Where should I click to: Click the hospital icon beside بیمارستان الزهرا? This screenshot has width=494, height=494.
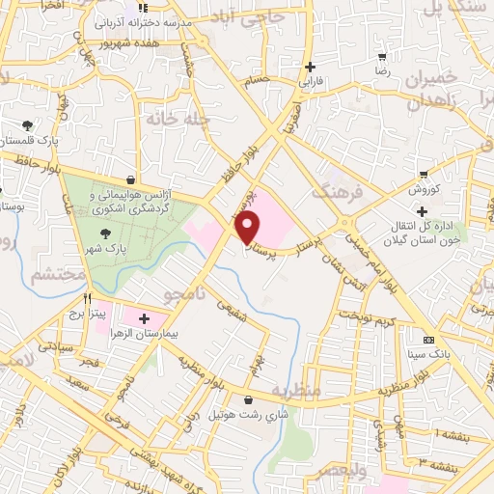point(144,318)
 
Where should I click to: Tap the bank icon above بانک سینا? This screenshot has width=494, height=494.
point(428,340)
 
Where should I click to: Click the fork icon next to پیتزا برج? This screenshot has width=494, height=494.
point(88,299)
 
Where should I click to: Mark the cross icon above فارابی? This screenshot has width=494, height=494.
point(310,67)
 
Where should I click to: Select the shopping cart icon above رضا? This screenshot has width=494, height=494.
point(382,57)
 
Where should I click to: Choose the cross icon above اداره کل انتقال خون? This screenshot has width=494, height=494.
point(422,211)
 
